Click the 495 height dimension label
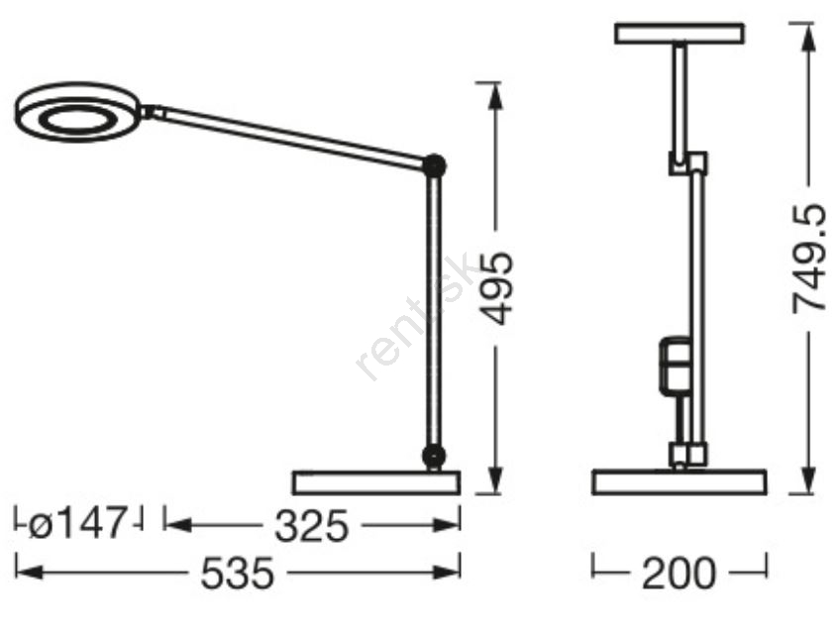497,288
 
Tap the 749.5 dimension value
808,259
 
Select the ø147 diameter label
77,523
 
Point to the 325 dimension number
311,526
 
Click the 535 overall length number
237,574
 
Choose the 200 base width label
679,574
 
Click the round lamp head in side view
77,113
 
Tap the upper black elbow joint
434,165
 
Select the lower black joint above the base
434,456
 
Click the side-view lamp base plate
376,482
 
